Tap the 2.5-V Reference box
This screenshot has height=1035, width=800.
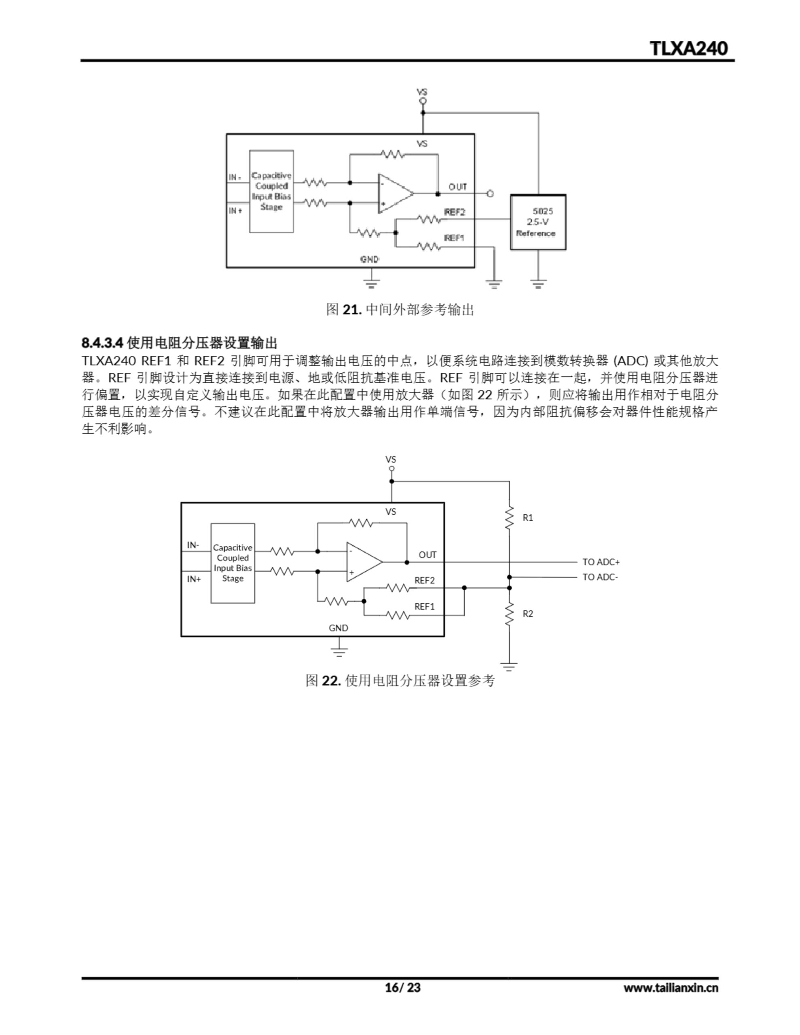coord(538,222)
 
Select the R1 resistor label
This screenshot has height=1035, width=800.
coord(527,517)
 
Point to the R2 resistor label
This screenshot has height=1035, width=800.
coord(527,614)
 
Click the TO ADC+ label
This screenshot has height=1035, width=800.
coord(601,562)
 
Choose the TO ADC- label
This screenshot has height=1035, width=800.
coord(600,577)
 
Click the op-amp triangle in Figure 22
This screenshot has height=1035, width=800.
coord(363,562)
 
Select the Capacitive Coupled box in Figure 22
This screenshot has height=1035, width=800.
coord(233,563)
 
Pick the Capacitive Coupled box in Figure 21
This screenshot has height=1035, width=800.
coord(271,192)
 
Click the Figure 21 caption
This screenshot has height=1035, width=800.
coord(400,310)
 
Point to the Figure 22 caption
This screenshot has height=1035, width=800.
coord(400,680)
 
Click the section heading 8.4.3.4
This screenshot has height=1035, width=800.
coord(179,342)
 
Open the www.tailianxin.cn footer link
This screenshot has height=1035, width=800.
coord(671,988)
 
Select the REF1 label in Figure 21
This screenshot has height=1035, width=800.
coord(454,238)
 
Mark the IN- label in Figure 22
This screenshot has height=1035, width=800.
coord(193,545)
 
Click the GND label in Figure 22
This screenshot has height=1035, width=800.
coord(338,628)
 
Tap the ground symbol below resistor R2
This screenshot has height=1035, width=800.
coord(509,666)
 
